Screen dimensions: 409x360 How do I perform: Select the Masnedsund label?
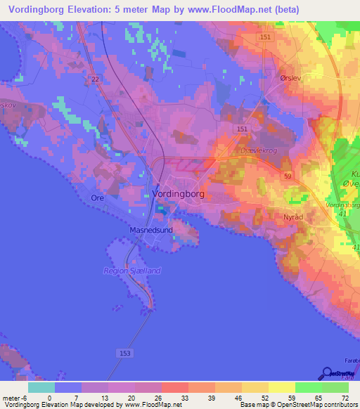(150, 229)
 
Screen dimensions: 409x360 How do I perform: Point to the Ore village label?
(97, 198)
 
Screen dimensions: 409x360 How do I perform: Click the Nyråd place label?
(293, 218)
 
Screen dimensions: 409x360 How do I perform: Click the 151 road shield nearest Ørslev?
(264, 37)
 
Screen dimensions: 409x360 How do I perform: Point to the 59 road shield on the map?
(288, 176)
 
